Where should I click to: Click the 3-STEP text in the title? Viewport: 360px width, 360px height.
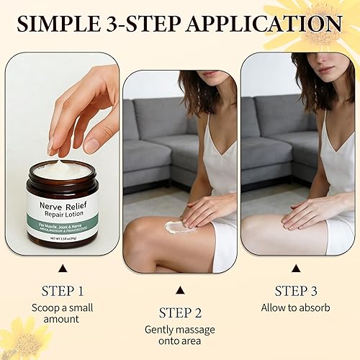150,24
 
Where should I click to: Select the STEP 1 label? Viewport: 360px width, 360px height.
62,292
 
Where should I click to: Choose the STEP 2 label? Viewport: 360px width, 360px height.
180,313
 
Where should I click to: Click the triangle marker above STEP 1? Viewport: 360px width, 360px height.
62,268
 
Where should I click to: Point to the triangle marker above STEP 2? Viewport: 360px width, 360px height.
180,290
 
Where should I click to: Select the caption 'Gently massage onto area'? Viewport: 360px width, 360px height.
180,336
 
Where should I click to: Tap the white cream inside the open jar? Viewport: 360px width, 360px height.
63,169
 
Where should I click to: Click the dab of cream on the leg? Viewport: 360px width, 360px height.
181,228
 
